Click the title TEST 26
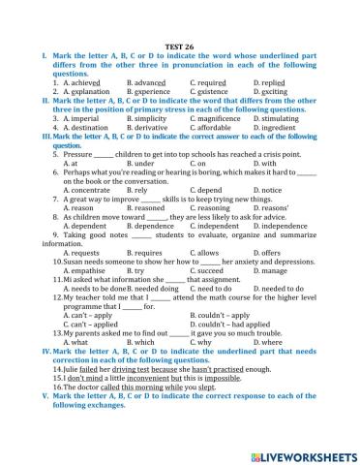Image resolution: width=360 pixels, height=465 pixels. click(x=180, y=46)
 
